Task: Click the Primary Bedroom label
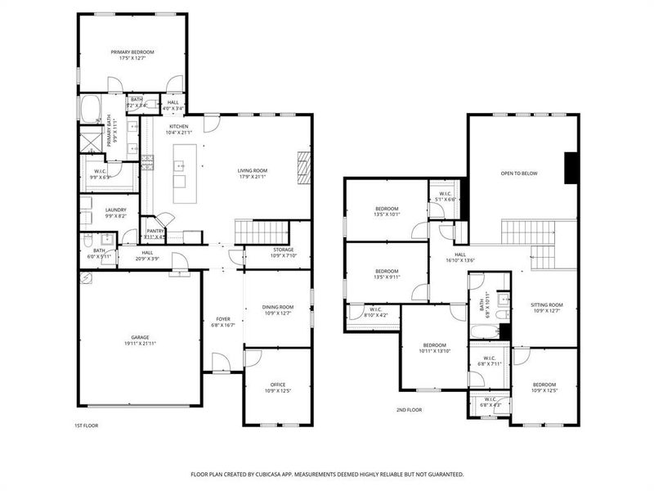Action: tap(132, 52)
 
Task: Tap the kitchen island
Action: tap(180, 174)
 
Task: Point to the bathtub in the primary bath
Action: tap(89, 108)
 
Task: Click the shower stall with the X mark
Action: tap(88, 142)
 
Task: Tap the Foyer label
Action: tap(222, 319)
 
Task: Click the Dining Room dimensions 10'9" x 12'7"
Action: tap(278, 313)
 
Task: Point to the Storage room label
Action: tap(284, 250)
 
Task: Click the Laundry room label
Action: tap(115, 210)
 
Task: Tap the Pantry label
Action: tap(155, 231)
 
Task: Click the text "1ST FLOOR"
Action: tap(86, 426)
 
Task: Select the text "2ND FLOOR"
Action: tap(409, 409)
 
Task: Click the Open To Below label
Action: tap(519, 173)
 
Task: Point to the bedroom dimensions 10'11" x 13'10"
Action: tap(435, 350)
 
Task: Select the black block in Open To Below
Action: tap(571, 168)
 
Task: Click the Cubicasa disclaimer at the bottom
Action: tap(327, 474)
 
